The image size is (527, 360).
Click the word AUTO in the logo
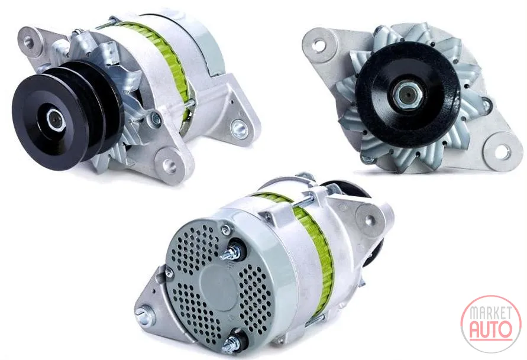click(491, 330)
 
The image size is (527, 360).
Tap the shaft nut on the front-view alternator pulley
click(408, 95)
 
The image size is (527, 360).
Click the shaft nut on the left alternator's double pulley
click(54, 119)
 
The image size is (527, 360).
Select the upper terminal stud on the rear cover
click(232, 252)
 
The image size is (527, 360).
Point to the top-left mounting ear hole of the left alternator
click(30, 41)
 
